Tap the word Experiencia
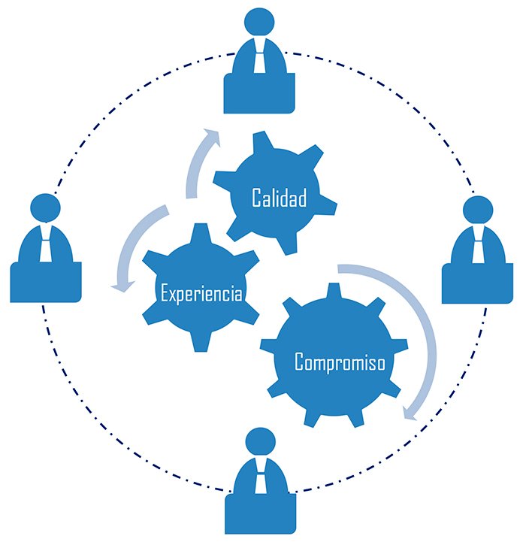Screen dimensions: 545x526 tap(201, 292)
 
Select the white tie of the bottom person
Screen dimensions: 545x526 tap(261, 478)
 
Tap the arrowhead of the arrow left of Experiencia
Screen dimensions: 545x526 tap(117, 284)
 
